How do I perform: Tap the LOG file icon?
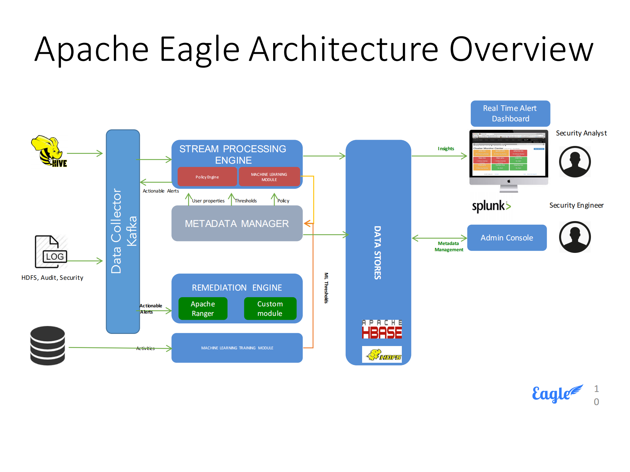(51, 252)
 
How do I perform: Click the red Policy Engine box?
(207, 177)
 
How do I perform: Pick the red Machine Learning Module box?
(269, 177)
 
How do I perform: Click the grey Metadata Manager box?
(237, 223)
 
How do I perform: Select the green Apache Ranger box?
(203, 308)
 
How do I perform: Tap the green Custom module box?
(270, 308)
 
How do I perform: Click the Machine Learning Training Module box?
(237, 348)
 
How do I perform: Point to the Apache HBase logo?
(381, 329)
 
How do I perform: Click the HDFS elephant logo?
(381, 354)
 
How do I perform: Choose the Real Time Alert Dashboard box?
(510, 113)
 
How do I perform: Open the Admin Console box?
(507, 238)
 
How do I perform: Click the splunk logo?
(491, 206)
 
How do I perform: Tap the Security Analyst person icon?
(575, 162)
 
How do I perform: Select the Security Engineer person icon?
(575, 237)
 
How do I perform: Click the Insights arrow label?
(446, 149)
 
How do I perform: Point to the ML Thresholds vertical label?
(326, 288)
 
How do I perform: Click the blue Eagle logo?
(557, 393)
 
